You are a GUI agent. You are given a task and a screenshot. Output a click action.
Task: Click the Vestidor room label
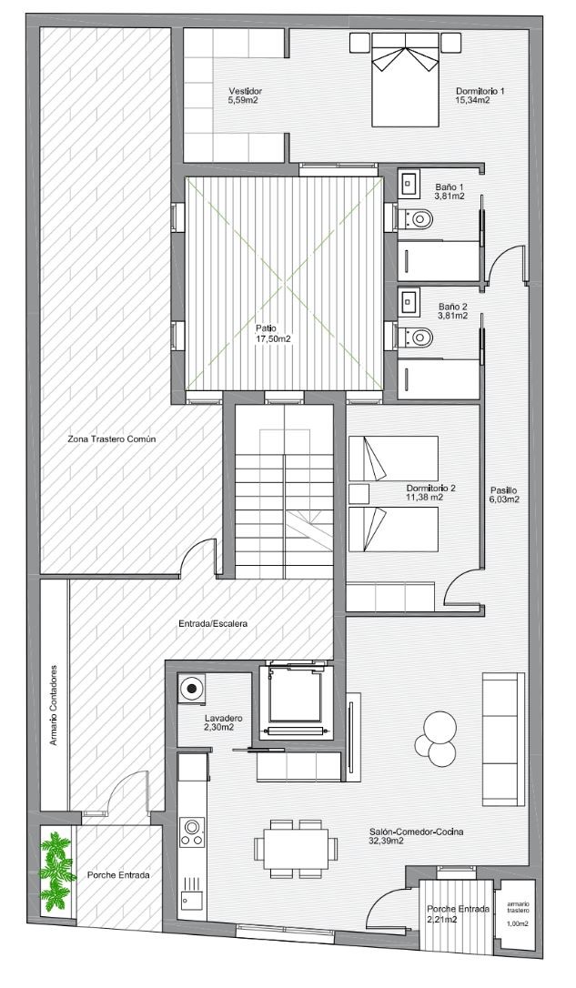click(245, 96)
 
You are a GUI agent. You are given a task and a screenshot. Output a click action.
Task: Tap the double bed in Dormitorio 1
click(405, 79)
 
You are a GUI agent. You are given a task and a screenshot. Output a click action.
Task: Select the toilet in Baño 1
click(416, 219)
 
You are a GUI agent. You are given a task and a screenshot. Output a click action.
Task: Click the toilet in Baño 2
click(416, 338)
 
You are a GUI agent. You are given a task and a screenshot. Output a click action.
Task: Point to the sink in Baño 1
click(409, 182)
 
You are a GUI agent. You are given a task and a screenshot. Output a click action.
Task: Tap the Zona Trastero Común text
click(112, 439)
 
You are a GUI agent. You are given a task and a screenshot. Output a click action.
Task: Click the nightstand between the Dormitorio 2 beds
click(359, 493)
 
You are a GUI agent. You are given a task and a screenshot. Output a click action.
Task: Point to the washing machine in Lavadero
click(192, 688)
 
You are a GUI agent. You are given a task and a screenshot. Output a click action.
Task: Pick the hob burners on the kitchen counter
click(192, 832)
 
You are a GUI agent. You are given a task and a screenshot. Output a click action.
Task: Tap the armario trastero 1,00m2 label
click(518, 913)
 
